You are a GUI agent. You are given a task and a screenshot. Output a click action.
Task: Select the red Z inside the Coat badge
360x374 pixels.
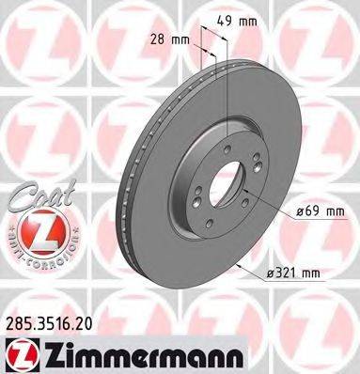click(38, 232)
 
